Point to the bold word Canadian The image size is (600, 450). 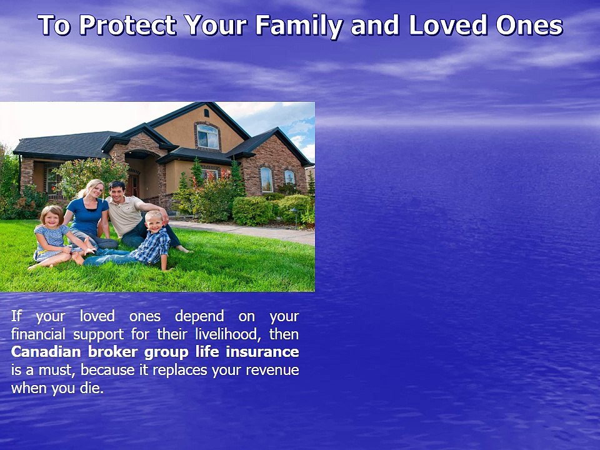(x=46, y=351)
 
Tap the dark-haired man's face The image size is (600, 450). (x=117, y=189)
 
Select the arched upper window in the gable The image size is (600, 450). (x=207, y=136)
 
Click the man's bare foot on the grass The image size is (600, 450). (x=183, y=249)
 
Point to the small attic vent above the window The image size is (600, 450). (x=206, y=113)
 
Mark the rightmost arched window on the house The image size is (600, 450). (x=289, y=177)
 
